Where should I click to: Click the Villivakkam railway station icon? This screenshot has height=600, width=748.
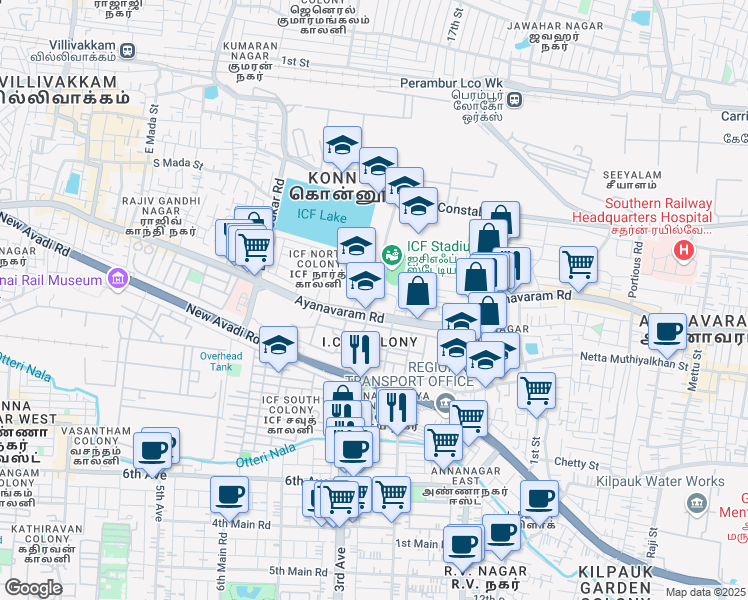tap(128, 50)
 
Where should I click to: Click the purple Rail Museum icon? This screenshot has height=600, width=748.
tap(119, 276)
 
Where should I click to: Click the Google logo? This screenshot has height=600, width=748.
tap(33, 588)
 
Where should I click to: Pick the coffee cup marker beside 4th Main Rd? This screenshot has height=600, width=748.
tap(229, 493)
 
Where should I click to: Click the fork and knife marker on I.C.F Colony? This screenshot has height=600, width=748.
tap(360, 348)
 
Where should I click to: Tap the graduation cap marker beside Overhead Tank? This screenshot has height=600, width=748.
tap(278, 343)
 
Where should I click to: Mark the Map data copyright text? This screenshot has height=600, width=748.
tap(705, 592)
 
